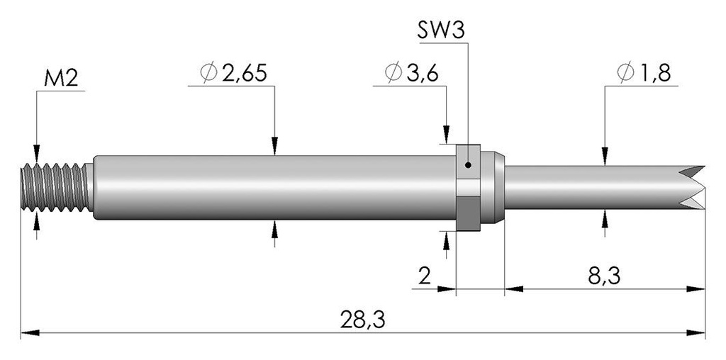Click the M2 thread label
(61, 79)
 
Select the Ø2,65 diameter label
(233, 73)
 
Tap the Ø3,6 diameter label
(411, 73)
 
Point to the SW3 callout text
(441, 30)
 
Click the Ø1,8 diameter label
(644, 73)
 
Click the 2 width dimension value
(425, 276)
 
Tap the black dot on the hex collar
(469, 164)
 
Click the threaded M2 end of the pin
(55, 187)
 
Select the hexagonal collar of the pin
(468, 187)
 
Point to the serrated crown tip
(692, 187)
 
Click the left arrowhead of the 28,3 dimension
(30, 332)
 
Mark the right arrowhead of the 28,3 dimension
(696, 332)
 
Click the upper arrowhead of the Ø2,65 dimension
(274, 146)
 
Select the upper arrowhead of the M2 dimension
(37, 154)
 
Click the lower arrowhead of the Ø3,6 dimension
(446, 240)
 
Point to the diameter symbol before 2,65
(209, 73)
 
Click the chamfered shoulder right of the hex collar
(493, 187)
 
